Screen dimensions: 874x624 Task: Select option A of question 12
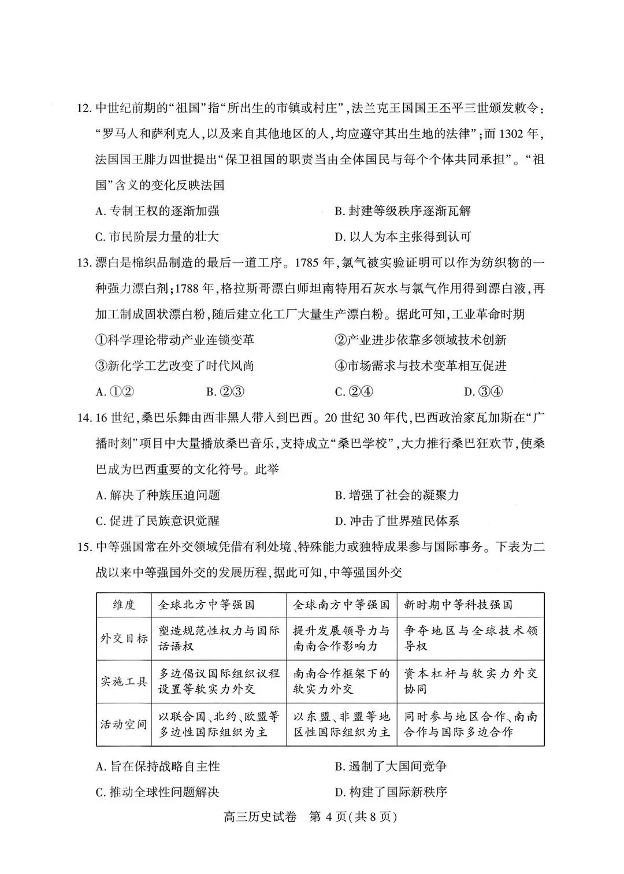pyautogui.click(x=157, y=211)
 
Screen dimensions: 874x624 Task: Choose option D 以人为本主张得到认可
pyautogui.click(x=403, y=236)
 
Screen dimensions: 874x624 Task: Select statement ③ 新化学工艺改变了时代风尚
pyautogui.click(x=174, y=365)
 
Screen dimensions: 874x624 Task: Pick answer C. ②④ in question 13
pyautogui.click(x=354, y=391)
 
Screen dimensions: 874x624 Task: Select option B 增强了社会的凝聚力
pyautogui.click(x=396, y=495)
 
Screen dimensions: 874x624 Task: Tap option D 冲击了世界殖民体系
pyautogui.click(x=396, y=520)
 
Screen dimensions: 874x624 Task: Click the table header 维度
pyautogui.click(x=124, y=605)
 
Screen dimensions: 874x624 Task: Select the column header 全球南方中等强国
pyautogui.click(x=341, y=605)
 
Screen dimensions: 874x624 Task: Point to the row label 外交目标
pyautogui.click(x=124, y=638)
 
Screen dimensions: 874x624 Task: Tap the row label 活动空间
pyautogui.click(x=124, y=724)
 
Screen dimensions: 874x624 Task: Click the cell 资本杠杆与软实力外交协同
pyautogui.click(x=470, y=681)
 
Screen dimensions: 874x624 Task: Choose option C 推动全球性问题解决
pyautogui.click(x=157, y=792)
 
